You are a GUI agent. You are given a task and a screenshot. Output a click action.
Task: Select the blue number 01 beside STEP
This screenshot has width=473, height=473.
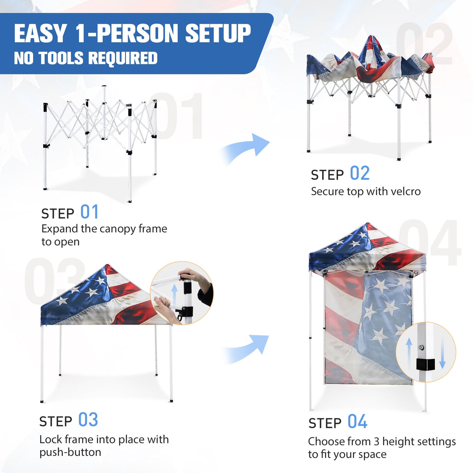click(x=90, y=212)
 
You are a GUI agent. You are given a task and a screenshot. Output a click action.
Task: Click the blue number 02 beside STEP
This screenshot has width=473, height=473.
click(x=360, y=173)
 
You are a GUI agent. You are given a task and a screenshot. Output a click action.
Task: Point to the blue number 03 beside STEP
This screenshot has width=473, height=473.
click(x=88, y=420)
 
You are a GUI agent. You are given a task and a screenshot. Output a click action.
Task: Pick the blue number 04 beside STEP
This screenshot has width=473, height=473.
click(x=357, y=422)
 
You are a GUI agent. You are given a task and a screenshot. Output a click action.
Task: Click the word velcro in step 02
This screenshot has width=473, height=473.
click(x=406, y=192)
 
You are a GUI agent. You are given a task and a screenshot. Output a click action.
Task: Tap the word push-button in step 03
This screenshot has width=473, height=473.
click(x=70, y=452)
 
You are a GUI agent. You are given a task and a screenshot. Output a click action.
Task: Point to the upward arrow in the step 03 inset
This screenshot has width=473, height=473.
click(x=175, y=296)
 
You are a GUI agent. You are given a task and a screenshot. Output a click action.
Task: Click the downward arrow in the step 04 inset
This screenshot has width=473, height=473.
click(x=442, y=353)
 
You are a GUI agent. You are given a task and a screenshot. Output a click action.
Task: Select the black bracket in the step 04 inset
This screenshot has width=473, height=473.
click(x=425, y=364)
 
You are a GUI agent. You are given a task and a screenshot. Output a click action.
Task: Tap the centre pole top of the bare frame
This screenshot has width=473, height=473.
click(x=104, y=86)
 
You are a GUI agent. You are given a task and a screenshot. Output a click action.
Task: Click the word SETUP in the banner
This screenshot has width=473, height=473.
click(x=218, y=34)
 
